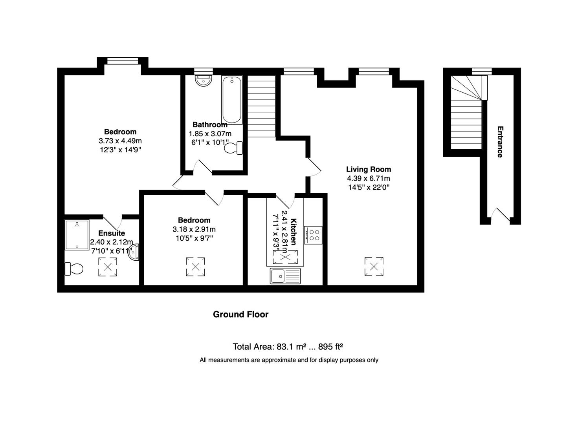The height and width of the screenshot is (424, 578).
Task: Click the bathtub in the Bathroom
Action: pyautogui.click(x=231, y=100)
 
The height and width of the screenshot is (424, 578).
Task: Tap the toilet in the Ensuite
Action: pyautogui.click(x=74, y=269)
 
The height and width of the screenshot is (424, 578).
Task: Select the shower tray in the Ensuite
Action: pyautogui.click(x=77, y=235)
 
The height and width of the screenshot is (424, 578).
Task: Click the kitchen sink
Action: pyautogui.click(x=285, y=276)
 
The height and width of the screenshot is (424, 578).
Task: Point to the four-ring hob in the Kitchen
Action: pyautogui.click(x=313, y=235)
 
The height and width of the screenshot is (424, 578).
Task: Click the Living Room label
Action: pyautogui.click(x=368, y=170)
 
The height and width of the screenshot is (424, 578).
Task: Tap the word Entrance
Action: pyautogui.click(x=500, y=142)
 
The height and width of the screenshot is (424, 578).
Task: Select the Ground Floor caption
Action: pyautogui.click(x=240, y=314)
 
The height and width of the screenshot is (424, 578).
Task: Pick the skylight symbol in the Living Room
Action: pyautogui.click(x=374, y=267)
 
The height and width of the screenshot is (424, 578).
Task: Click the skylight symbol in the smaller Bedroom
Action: pyautogui.click(x=195, y=267)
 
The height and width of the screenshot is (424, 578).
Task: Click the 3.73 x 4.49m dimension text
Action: pyautogui.click(x=120, y=141)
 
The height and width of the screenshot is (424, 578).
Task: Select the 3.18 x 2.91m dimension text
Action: pyautogui.click(x=194, y=229)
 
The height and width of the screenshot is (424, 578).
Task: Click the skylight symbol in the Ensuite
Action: pyautogui.click(x=107, y=267)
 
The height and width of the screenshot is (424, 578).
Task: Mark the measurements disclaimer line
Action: pyautogui.click(x=289, y=360)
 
